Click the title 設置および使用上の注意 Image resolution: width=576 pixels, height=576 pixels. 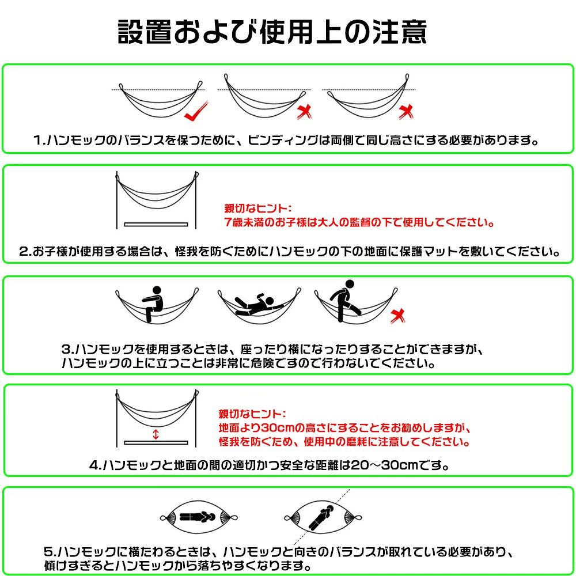272,32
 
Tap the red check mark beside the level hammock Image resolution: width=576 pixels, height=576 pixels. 196,111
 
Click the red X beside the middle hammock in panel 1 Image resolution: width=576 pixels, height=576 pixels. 304,112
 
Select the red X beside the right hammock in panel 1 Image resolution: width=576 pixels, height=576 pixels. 406,112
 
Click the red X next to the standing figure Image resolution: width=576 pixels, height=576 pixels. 397,316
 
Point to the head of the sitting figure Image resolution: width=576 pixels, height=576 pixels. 157,291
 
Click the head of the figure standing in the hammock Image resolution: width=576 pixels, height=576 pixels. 350,285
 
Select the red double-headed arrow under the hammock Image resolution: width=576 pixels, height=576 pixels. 156,434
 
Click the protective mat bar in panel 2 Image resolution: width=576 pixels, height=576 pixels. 156,225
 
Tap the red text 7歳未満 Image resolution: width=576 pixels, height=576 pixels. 244,222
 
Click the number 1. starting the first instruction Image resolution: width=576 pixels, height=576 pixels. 39,140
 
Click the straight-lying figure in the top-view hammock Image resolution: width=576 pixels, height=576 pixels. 197,517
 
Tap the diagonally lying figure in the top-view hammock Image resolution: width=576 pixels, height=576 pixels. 321,518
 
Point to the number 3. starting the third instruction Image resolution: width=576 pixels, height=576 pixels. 68,349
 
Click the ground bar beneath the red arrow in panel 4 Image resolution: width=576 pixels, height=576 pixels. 156,442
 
